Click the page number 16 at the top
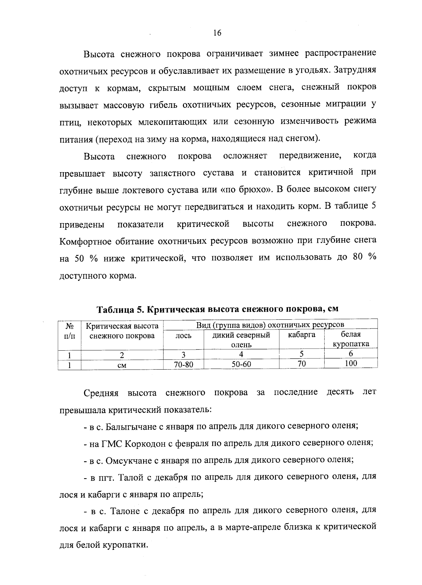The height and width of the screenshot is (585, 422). coord(217,33)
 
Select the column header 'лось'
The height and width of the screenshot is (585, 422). coord(184,336)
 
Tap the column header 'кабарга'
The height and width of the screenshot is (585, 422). coord(301,335)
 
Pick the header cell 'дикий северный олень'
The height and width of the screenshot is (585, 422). coord(241,339)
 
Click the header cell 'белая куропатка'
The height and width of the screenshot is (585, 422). coord(351,339)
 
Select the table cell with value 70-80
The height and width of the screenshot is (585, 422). coord(184,364)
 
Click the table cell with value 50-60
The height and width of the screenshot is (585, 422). coord(241,364)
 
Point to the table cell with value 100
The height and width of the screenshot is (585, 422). coord(351,363)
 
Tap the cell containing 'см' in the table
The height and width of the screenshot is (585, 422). coord(122,365)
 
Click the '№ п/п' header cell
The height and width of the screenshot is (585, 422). coord(69,331)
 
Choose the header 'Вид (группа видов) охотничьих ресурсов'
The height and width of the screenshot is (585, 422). coord(270,325)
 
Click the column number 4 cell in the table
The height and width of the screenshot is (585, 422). coord(241,354)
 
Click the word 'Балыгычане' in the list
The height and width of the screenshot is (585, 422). coord(130,427)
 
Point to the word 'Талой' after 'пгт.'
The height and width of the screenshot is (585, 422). coord(131,477)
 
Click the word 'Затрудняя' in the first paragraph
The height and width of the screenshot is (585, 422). coord(354,70)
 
